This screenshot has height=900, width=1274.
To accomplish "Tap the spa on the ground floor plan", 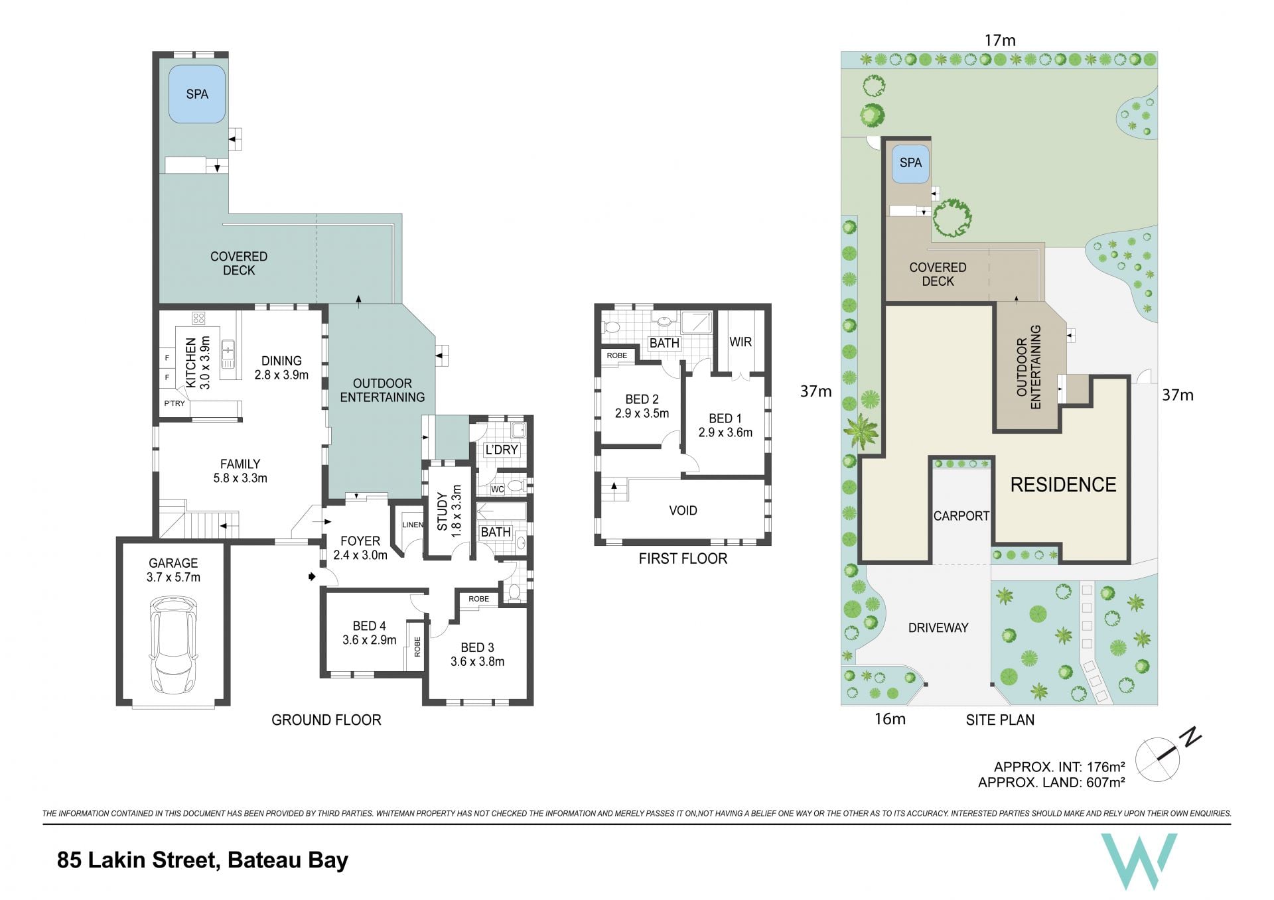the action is tap(196, 94).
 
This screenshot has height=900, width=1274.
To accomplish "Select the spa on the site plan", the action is tap(910, 162).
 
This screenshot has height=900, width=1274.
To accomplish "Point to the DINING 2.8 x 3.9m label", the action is tap(281, 367).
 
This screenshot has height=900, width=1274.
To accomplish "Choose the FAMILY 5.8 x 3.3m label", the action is tap(240, 471).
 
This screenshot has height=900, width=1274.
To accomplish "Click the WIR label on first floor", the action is tap(741, 342).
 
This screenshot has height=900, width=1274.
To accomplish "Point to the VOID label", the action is tap(683, 510).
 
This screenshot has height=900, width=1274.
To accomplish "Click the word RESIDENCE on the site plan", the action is tap(1063, 484).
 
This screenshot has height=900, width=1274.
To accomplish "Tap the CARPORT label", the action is tap(961, 515).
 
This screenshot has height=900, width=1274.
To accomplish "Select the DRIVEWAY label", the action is tap(938, 627).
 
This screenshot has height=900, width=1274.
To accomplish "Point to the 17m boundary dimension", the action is tap(1000, 40).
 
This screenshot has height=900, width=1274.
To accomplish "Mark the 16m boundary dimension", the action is tap(890, 719).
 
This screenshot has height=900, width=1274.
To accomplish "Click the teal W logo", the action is tap(1139, 861).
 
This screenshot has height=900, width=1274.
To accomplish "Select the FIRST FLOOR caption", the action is tap(683, 558).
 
